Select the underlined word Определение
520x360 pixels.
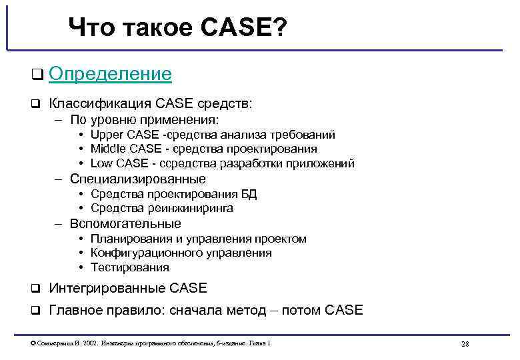point(110,74)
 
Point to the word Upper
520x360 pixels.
point(107,135)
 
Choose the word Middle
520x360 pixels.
point(107,149)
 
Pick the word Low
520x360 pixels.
point(102,163)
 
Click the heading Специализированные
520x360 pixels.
point(137,179)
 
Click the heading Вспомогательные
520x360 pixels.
point(125,223)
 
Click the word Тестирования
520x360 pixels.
point(130,267)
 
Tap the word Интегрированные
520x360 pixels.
point(108,288)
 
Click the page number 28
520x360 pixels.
point(465,344)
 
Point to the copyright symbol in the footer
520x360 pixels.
point(33,343)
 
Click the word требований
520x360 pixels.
point(305,135)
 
